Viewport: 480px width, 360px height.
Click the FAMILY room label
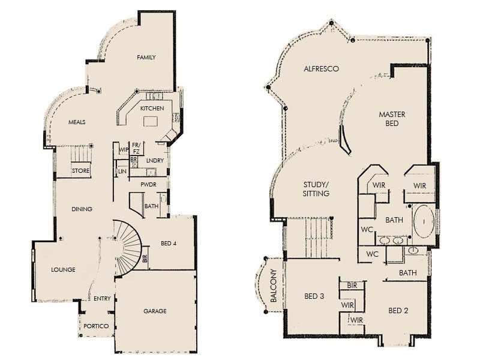tap(146, 58)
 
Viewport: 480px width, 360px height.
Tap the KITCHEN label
tap(152, 108)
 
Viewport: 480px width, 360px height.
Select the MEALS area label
tap(77, 122)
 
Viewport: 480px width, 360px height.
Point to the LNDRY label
tap(155, 160)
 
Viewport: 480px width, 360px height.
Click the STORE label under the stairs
tap(80, 171)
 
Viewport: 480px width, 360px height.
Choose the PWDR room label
tap(148, 185)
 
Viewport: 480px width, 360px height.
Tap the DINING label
tap(82, 209)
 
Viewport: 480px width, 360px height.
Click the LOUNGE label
tap(63, 270)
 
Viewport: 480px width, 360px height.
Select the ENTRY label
tap(101, 298)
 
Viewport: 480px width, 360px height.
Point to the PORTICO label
tap(96, 326)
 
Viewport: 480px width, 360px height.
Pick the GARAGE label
tap(155, 311)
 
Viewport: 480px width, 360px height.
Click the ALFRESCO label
tap(321, 69)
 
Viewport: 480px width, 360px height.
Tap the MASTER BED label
tap(392, 119)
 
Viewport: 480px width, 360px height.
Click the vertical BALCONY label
tap(273, 289)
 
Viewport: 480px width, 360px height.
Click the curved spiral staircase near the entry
tap(127, 246)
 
